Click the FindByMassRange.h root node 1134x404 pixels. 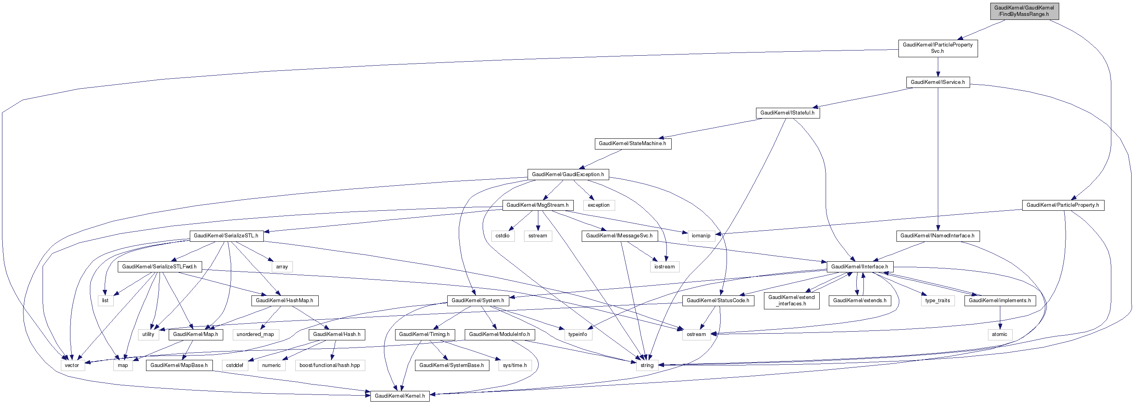(x=1023, y=11)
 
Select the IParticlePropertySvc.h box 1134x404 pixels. (x=938, y=48)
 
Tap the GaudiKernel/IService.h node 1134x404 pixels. (x=938, y=82)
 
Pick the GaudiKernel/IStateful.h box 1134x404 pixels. (x=787, y=113)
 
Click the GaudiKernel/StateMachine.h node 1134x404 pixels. (x=632, y=144)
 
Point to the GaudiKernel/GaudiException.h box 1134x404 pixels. (x=568, y=175)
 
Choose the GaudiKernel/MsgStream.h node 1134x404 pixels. (x=538, y=205)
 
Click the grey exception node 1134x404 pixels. (x=599, y=205)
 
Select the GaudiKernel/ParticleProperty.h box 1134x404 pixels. (x=1063, y=205)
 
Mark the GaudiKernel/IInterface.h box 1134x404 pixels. (x=859, y=267)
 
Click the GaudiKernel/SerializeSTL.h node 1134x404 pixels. (x=226, y=236)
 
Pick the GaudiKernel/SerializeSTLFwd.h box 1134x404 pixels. (x=160, y=267)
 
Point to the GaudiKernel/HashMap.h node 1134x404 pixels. (x=284, y=301)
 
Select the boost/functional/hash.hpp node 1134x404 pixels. (x=330, y=365)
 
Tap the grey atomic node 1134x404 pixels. (x=999, y=334)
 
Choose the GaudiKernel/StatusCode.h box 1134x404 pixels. (x=718, y=301)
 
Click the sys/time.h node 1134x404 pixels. (x=514, y=365)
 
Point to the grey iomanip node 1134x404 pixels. (x=701, y=236)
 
